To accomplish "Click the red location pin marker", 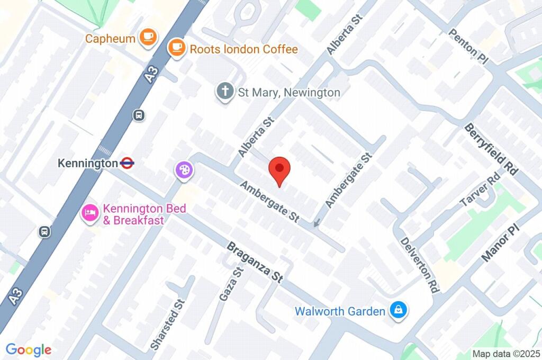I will click(279, 170).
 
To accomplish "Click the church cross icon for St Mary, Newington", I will click(225, 92).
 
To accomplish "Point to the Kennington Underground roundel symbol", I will click(127, 164).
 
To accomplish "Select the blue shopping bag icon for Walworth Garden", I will click(397, 311).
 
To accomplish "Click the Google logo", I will click(28, 350).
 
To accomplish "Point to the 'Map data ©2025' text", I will click(505, 354).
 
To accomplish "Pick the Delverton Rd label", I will click(419, 265).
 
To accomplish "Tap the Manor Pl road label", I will click(501, 242).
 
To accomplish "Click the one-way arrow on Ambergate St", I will click(317, 223).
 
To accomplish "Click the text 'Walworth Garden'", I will click(340, 311).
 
